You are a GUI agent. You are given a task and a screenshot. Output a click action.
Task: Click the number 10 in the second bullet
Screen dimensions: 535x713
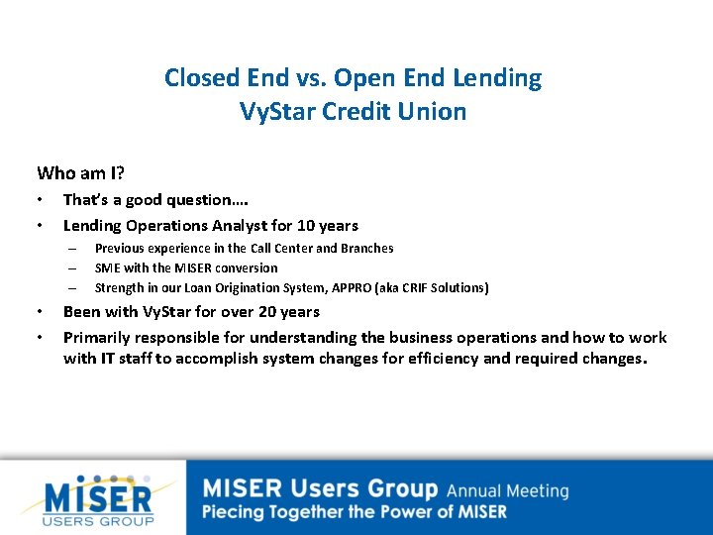pos(307,225)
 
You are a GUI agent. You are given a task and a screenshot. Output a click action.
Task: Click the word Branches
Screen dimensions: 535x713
pos(367,248)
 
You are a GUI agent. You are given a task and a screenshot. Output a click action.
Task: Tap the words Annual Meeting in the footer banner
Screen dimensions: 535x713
pos(507,490)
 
